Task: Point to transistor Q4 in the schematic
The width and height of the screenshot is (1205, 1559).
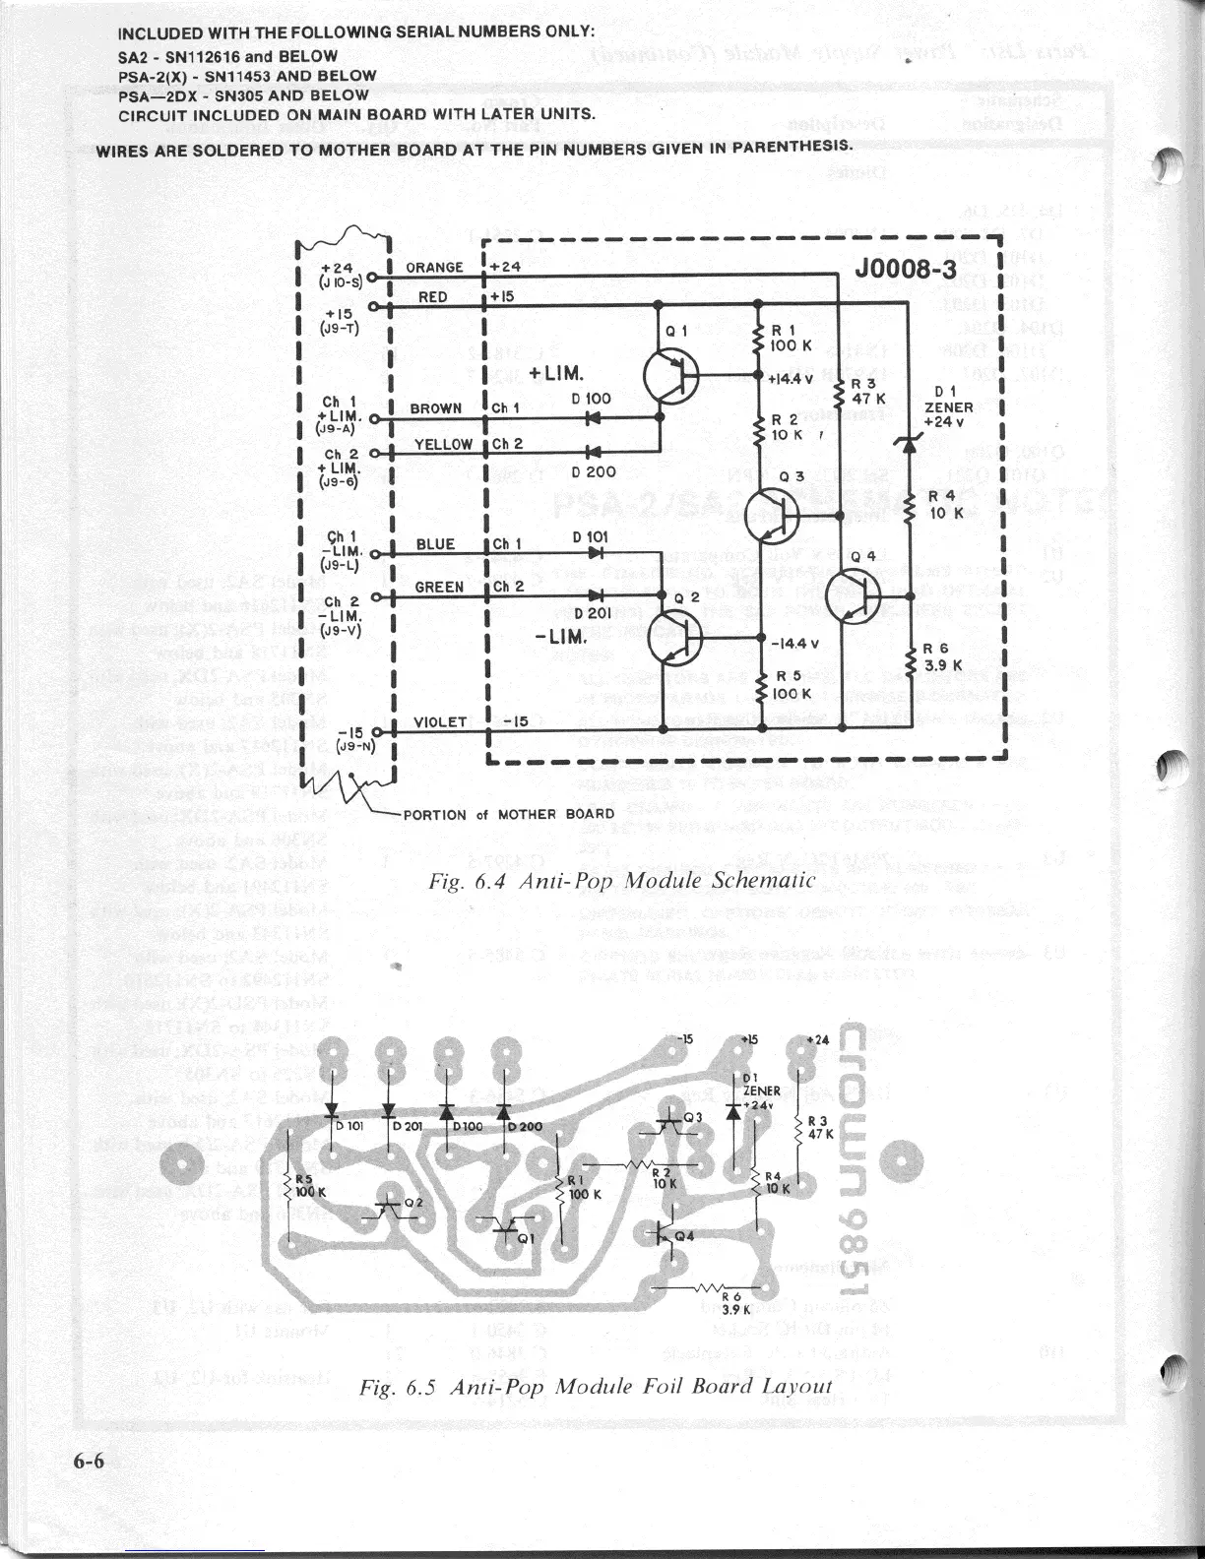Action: pos(852,595)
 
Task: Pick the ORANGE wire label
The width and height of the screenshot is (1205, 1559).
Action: pos(435,268)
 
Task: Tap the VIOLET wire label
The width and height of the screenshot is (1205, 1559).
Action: pos(439,721)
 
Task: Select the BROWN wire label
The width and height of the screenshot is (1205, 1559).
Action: pos(436,407)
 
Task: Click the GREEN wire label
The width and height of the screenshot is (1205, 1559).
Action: pos(439,587)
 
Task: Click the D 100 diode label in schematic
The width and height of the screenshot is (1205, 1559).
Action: pos(591,399)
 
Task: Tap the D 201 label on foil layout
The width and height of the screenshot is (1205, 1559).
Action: pos(407,1126)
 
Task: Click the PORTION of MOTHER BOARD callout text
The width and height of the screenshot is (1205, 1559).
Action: pos(508,814)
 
